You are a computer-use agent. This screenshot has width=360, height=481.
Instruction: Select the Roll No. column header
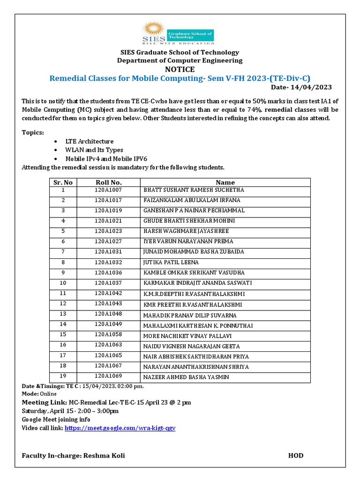pyautogui.click(x=108, y=182)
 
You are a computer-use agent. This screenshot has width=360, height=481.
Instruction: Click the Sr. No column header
pyautogui.click(x=63, y=182)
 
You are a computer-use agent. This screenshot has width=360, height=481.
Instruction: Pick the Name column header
pyautogui.click(x=225, y=182)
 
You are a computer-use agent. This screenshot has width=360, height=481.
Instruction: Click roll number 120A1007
pyautogui.click(x=108, y=190)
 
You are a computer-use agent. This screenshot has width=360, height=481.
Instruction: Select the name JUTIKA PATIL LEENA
pyautogui.click(x=171, y=262)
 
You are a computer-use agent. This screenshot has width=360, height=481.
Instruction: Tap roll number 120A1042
pyautogui.click(x=108, y=293)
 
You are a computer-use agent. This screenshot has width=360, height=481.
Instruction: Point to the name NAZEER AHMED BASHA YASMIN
pyautogui.click(x=186, y=377)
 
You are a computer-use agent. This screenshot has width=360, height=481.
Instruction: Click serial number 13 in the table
pyautogui.click(x=63, y=314)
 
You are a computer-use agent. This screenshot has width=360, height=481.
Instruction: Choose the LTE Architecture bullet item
pyautogui.click(x=90, y=141)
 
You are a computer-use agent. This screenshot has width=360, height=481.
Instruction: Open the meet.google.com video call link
pyautogui.click(x=120, y=428)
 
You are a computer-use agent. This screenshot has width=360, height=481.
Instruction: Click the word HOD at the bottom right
pyautogui.click(x=295, y=456)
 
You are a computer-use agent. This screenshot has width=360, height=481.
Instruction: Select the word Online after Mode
pyautogui.click(x=48, y=394)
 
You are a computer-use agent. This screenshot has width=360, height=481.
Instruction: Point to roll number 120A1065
pyautogui.click(x=108, y=356)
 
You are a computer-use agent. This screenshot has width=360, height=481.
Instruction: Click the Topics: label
pyautogui.click(x=33, y=132)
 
